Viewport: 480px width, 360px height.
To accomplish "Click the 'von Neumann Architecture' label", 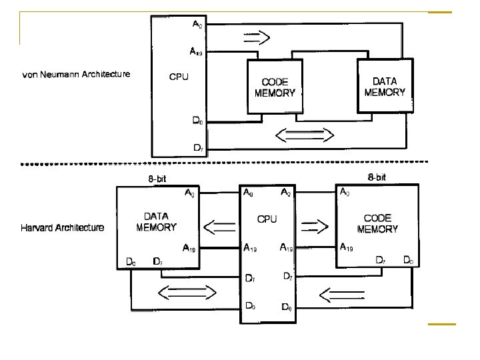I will pyautogui.click(x=76, y=74).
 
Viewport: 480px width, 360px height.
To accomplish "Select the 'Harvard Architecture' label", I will pyautogui.click(x=63, y=228).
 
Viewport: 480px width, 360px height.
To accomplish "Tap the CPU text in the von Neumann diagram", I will pyautogui.click(x=178, y=77).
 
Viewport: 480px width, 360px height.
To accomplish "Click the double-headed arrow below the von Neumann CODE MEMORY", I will pyautogui.click(x=304, y=136).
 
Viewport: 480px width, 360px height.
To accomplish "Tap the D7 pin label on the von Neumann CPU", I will pyautogui.click(x=198, y=147).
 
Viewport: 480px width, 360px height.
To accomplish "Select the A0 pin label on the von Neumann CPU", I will pyautogui.click(x=198, y=25).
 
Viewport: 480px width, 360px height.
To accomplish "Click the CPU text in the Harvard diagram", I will pyautogui.click(x=267, y=219).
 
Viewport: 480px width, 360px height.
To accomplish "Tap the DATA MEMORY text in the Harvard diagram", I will pyautogui.click(x=156, y=222).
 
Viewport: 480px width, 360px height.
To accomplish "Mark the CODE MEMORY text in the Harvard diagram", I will pyautogui.click(x=377, y=223).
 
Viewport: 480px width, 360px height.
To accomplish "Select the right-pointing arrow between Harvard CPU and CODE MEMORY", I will pyautogui.click(x=315, y=227).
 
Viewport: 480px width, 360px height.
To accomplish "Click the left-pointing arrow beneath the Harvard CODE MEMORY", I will pyautogui.click(x=340, y=292).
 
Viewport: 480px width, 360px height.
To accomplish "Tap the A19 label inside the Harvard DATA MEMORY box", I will pyautogui.click(x=189, y=249).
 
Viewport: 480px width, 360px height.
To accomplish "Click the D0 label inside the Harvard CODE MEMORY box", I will pyautogui.click(x=409, y=260).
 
